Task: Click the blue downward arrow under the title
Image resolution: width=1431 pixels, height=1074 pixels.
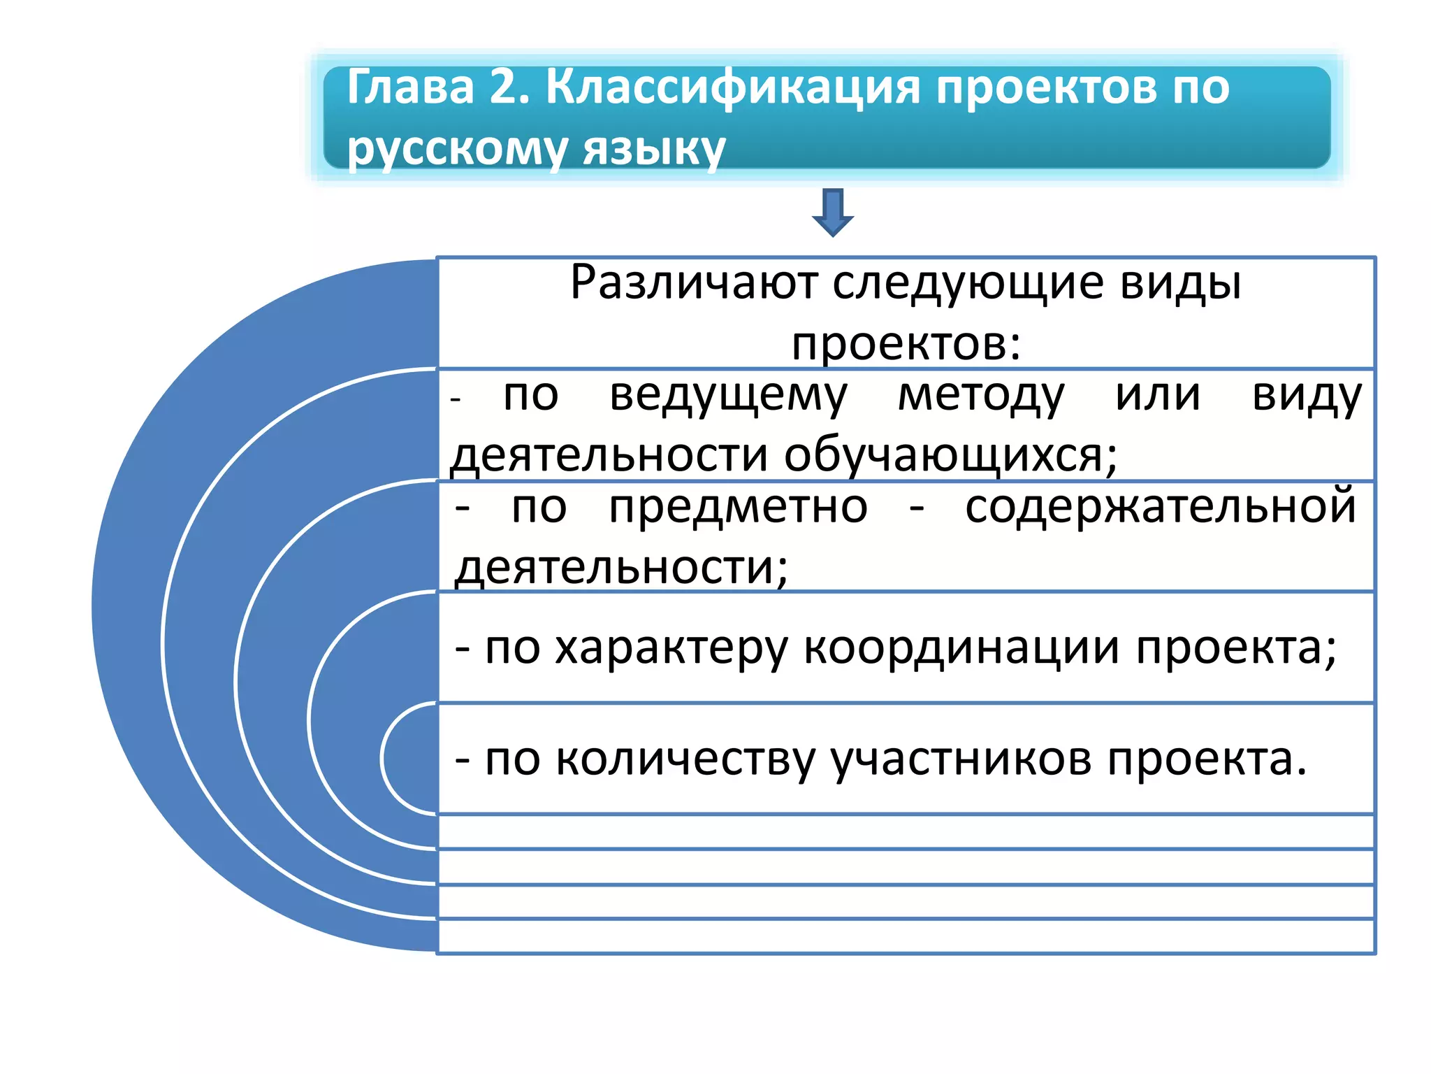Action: point(832,212)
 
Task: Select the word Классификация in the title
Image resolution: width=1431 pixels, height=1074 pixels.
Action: point(732,88)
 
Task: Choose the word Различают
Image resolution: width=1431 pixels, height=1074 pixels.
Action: point(694,283)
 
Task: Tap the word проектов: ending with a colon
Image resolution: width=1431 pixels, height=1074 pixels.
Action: point(906,344)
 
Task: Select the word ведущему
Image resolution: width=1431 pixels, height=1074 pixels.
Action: point(728,396)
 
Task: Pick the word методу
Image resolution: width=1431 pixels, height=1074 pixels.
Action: point(981,396)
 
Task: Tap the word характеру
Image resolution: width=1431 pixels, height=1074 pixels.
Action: point(671,648)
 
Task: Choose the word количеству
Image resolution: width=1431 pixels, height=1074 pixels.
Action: point(685,760)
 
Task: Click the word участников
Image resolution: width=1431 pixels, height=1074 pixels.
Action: point(961,760)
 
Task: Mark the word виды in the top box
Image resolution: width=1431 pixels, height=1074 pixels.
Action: point(1180,283)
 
